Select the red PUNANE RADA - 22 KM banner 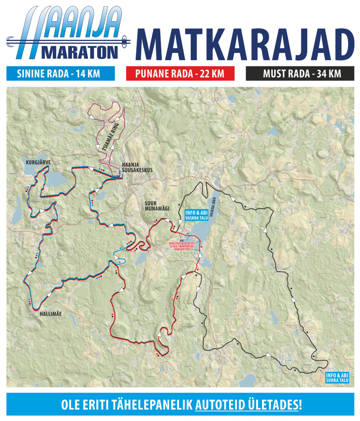(x=180, y=73)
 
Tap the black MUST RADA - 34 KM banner (x=299, y=73)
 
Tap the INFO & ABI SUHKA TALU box (x=337, y=378)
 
